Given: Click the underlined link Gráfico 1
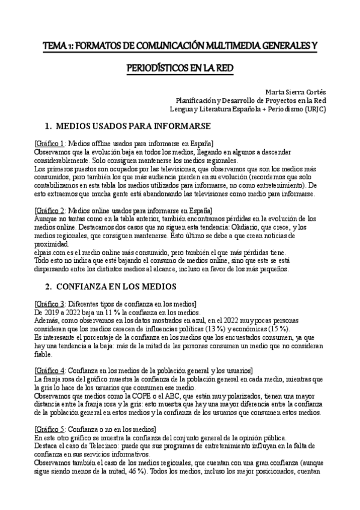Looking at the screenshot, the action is coord(50,144).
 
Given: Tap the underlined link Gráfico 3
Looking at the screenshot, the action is coord(50,303).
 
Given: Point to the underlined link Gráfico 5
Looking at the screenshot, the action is coord(50,428).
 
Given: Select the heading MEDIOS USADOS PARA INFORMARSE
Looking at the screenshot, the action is coord(132,127).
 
